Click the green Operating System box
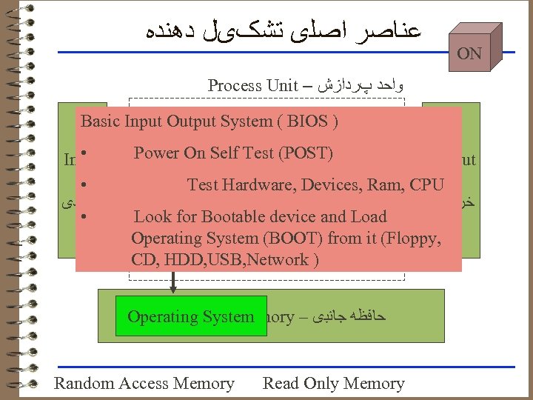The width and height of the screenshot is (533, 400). (x=190, y=317)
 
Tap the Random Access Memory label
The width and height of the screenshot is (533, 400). (x=144, y=384)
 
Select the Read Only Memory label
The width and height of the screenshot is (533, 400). (x=333, y=384)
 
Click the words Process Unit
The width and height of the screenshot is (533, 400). (x=252, y=85)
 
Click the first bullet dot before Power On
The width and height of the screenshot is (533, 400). (x=87, y=153)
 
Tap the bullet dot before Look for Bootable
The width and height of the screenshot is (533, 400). (x=87, y=217)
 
